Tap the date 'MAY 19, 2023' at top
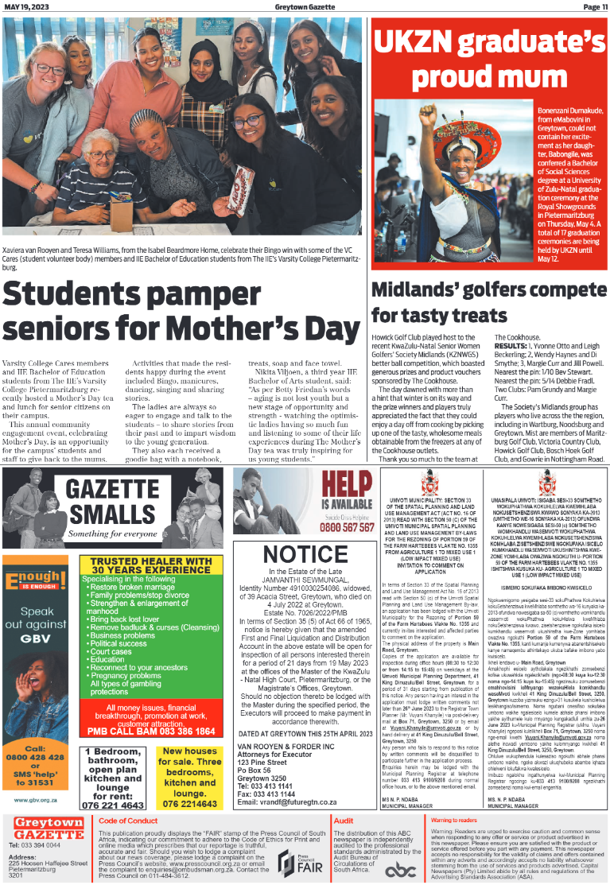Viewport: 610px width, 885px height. pyautogui.click(x=23, y=6)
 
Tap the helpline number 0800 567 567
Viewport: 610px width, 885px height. pyautogui.click(x=347, y=526)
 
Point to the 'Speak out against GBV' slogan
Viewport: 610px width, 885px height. pyautogui.click(x=37, y=624)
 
